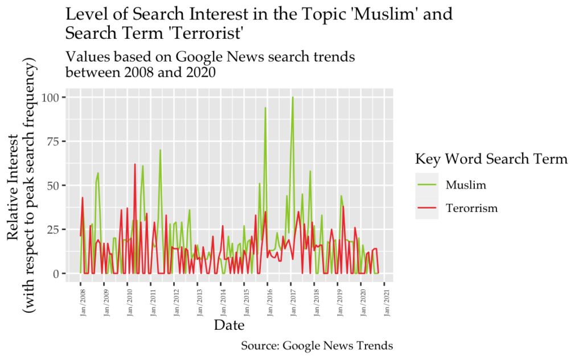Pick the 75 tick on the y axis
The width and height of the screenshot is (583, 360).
(x=53, y=141)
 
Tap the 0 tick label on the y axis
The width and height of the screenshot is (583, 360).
(x=56, y=273)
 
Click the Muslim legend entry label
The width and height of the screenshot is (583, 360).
(x=465, y=185)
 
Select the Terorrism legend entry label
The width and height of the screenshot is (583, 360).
(x=471, y=208)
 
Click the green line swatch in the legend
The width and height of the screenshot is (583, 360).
(x=426, y=185)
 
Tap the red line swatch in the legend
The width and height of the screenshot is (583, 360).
(x=426, y=208)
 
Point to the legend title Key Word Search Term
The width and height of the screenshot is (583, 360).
(x=491, y=158)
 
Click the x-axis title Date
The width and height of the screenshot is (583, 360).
(x=229, y=326)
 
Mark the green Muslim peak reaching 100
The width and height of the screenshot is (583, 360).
(x=293, y=97)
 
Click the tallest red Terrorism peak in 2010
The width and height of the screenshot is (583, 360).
(x=135, y=164)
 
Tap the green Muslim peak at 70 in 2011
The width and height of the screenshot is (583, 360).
(x=160, y=150)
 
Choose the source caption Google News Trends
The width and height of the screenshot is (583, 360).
(x=337, y=346)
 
